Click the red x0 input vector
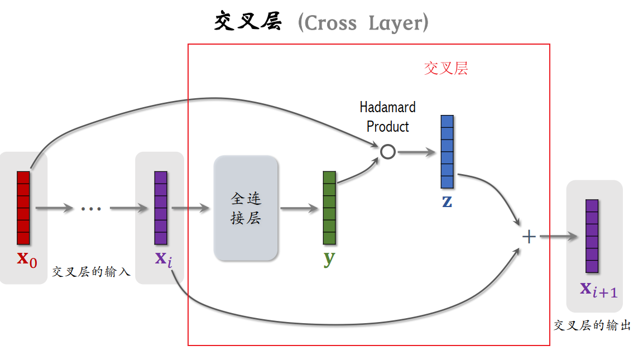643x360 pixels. coord(23,208)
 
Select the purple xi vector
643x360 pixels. coord(161,208)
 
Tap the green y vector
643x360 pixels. coord(329,208)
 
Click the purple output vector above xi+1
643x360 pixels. coord(592,236)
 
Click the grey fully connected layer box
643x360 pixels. coord(246,208)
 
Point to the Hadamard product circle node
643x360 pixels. coord(388,151)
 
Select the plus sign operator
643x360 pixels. coord(529,237)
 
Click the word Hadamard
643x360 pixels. coord(387,107)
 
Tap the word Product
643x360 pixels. coord(387,127)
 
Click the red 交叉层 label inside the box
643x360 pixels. coord(446,69)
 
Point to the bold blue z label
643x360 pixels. coord(447,201)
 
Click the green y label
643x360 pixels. coord(329,258)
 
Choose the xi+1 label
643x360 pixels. coord(598,289)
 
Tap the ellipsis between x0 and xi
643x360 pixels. coord(91,209)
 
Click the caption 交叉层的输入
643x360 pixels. coord(91,272)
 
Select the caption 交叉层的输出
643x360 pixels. coord(592,325)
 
